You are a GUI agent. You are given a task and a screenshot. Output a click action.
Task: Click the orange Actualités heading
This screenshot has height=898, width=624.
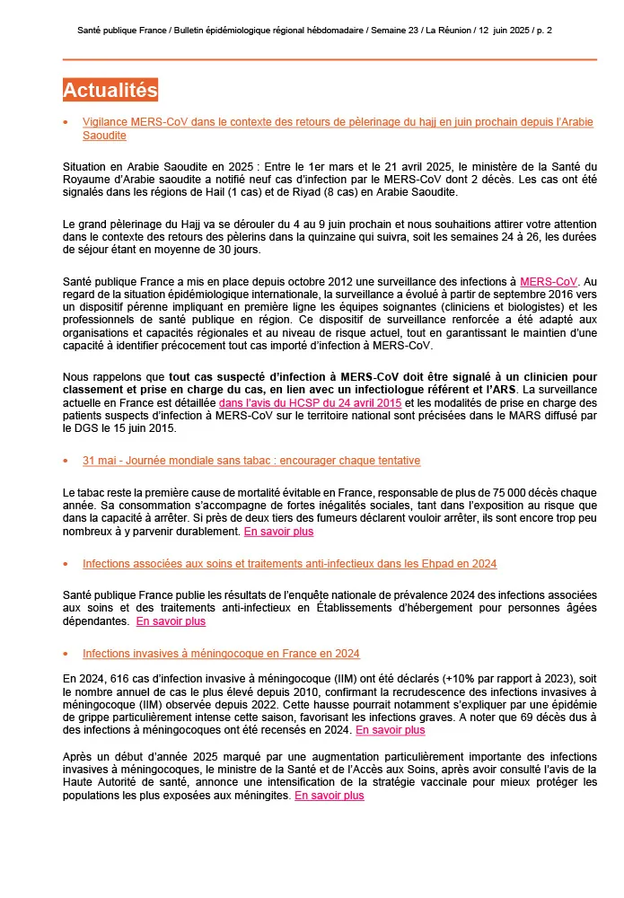[110, 90]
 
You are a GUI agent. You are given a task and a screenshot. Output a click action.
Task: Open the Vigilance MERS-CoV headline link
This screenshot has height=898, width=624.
[338, 121]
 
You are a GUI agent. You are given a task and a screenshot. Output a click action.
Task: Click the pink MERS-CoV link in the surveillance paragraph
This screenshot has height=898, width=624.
[549, 281]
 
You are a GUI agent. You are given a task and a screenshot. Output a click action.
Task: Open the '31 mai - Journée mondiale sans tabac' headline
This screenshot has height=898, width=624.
[250, 460]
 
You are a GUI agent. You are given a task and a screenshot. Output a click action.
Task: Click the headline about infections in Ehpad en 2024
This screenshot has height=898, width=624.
[289, 563]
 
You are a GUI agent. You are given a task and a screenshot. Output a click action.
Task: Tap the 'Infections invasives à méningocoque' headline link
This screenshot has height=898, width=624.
[221, 653]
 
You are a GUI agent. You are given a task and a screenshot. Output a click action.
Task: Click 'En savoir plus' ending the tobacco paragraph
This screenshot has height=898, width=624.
[278, 531]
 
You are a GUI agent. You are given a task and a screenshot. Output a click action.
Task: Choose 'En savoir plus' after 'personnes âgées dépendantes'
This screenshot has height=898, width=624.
[171, 621]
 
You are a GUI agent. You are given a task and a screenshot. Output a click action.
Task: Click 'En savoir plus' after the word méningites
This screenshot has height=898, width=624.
[330, 795]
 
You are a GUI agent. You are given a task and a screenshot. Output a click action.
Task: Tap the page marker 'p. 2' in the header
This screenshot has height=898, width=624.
[542, 31]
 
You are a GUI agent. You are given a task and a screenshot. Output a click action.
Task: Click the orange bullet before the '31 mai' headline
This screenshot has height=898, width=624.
[66, 461]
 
